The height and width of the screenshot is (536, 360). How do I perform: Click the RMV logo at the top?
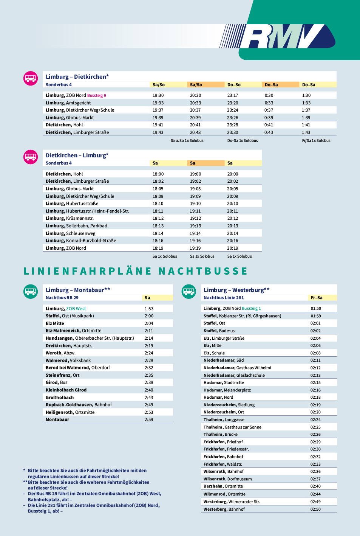(277, 36)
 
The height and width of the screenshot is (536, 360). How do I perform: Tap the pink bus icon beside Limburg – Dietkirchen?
(31, 78)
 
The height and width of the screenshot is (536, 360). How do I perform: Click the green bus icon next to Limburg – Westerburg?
(189, 291)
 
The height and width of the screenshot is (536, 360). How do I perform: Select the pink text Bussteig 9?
(96, 95)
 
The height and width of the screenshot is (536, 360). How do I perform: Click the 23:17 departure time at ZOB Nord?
(232, 95)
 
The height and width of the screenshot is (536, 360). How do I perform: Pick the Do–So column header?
(234, 85)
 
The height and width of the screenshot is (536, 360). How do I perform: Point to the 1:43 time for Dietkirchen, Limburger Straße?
(306, 132)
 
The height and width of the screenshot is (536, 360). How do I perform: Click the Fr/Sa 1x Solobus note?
(316, 141)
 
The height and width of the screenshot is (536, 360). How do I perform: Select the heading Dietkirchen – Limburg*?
(77, 155)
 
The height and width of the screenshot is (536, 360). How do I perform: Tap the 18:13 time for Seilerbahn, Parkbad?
(158, 226)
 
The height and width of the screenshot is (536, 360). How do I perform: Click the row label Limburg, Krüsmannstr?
(70, 219)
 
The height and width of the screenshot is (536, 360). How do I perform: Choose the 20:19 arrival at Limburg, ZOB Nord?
(232, 248)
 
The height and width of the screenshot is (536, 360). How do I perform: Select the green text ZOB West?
(76, 309)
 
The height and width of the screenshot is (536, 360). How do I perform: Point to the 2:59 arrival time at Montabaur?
(148, 419)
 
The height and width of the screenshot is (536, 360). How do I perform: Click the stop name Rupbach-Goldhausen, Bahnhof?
(79, 405)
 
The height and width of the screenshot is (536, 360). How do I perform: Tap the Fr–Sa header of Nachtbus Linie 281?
(317, 298)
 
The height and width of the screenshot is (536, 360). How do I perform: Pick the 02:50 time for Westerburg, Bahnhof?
(315, 509)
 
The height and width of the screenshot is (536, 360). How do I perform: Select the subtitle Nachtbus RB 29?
(62, 298)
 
